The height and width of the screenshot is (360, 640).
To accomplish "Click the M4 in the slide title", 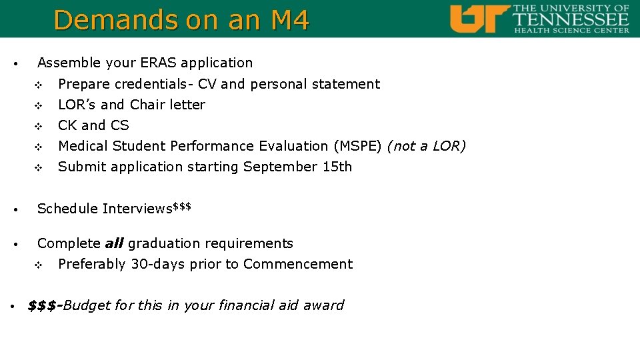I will (290, 20).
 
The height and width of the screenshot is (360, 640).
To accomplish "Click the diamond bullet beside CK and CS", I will (38, 126).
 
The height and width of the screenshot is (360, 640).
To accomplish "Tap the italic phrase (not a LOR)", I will (427, 146).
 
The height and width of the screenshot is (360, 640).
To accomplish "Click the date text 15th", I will (337, 167).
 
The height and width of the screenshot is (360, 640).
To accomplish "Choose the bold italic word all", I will (114, 243).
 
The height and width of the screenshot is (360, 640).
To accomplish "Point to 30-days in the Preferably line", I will (158, 264).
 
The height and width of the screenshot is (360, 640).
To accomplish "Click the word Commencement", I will (298, 264).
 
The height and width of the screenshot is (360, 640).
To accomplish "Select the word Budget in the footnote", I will (87, 305).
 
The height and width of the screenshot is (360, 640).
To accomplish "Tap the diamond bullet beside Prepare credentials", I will (38, 85).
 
